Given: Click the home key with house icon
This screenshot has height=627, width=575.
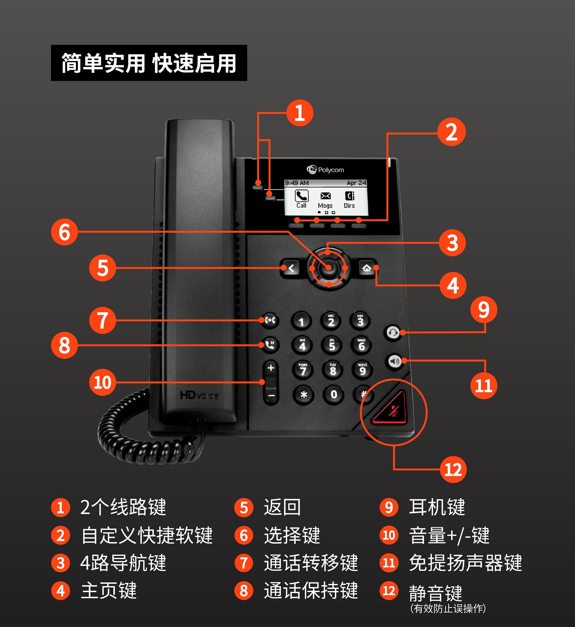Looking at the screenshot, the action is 367,268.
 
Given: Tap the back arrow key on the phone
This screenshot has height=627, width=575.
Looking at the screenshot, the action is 291,268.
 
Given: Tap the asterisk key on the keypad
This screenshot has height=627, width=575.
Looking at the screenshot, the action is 303,395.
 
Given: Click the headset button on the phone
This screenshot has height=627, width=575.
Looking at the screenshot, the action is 393,333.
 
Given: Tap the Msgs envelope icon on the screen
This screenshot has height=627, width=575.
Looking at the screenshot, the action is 325,196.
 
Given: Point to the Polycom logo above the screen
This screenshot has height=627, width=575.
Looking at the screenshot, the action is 325,170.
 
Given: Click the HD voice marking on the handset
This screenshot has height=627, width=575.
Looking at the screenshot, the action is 199,395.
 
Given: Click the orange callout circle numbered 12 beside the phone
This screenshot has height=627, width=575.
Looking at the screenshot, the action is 453,470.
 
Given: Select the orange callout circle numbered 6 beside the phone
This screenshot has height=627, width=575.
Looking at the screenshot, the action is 64,232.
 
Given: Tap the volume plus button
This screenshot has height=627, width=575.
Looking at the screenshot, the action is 271,368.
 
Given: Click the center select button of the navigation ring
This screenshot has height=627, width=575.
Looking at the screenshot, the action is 329,268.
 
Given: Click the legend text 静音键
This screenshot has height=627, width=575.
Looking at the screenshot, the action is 435,593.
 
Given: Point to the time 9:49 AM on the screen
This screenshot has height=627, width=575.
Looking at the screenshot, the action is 297,183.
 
